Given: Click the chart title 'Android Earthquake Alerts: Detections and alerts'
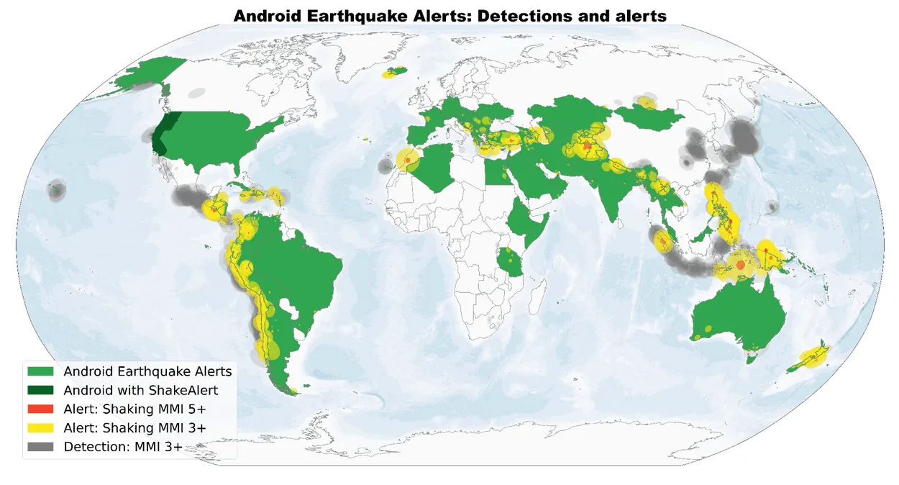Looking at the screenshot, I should [x=449, y=15].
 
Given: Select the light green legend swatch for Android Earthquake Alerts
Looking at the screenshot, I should [x=42, y=371].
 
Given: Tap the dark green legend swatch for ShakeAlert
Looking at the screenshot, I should [x=42, y=390].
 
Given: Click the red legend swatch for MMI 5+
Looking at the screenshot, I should [x=42, y=409].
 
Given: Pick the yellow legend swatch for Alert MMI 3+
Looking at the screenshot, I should [x=42, y=427].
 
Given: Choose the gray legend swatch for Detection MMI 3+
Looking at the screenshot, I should [x=42, y=447].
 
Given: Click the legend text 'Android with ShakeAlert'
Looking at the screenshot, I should [x=140, y=390].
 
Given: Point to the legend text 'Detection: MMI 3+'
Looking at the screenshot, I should [x=123, y=447].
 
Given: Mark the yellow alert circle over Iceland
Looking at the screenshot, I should [x=394, y=72].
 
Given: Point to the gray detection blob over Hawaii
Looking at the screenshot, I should [x=55, y=191].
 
